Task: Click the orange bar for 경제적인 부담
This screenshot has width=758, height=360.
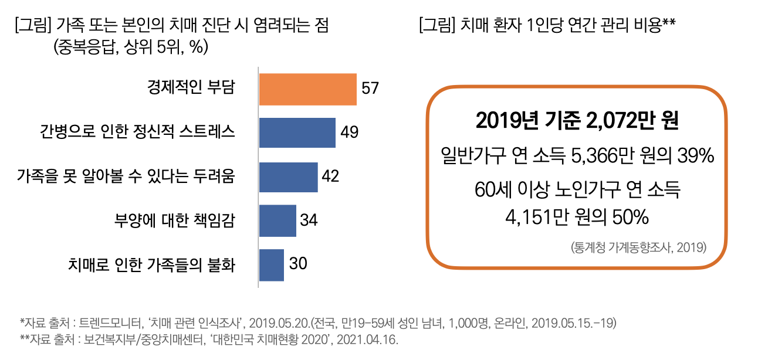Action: (307, 89)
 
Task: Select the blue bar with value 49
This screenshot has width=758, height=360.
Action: (297, 133)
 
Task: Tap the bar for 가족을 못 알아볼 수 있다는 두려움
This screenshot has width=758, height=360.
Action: (288, 177)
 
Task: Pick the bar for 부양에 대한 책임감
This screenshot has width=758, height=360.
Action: (278, 220)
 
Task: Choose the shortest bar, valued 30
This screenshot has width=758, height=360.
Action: (271, 264)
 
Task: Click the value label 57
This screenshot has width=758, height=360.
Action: (370, 89)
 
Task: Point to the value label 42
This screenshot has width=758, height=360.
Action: (331, 176)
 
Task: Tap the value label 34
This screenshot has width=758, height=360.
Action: (309, 220)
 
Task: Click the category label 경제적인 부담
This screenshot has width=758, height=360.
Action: (191, 88)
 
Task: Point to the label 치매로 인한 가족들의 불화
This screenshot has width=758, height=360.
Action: (151, 264)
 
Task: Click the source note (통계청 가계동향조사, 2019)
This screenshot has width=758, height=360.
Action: (638, 247)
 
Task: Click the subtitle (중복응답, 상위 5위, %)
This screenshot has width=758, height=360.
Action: (130, 47)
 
